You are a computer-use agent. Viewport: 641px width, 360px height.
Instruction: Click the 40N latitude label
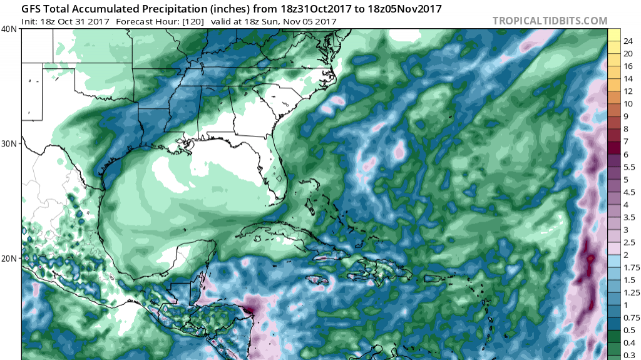(x=9, y=29)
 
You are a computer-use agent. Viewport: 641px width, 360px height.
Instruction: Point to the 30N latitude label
(x=9, y=143)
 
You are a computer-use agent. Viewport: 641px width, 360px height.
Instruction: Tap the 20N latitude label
(x=9, y=258)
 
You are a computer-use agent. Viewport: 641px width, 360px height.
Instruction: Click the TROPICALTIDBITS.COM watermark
(x=550, y=21)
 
